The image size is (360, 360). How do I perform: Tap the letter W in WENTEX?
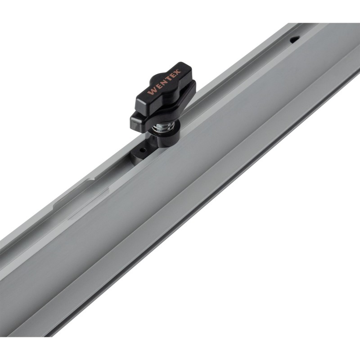(152, 91)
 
